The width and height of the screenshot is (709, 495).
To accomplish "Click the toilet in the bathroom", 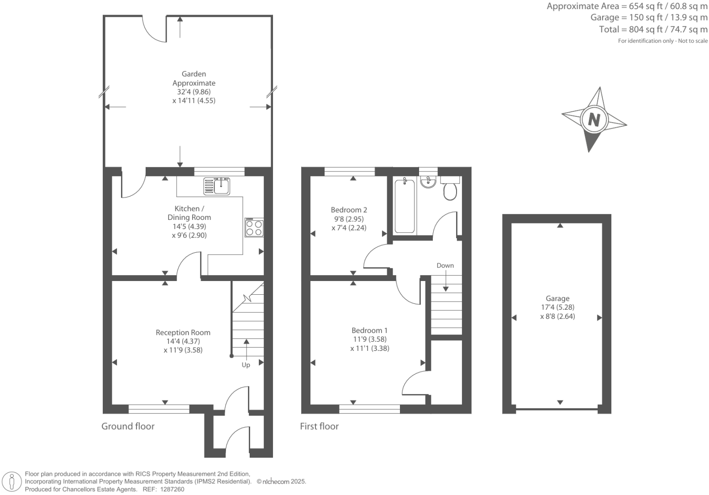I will coord(450,191).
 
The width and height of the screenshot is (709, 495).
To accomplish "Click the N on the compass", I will coord(593,120).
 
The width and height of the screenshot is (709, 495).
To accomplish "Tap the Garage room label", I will coord(557,298).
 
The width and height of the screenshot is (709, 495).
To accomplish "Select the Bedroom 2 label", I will coord(349,210).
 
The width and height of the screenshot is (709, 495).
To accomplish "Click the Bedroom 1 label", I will coord(369,330).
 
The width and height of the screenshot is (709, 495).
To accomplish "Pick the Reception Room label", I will coord(183,333).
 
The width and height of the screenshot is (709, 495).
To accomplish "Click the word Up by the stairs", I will coord(246,365).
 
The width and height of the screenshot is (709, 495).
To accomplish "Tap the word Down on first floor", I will coord(445,266).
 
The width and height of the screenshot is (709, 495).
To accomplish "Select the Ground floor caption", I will coord(128,426).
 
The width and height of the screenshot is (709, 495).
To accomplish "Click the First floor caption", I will coord(319,426).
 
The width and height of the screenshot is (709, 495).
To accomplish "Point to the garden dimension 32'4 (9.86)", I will coord(194,92).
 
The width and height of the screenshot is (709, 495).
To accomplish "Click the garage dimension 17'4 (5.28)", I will coord(557,307).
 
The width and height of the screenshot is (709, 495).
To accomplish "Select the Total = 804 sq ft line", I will coord(653,30).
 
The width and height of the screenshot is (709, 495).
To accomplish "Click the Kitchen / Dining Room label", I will coord(189,213).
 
